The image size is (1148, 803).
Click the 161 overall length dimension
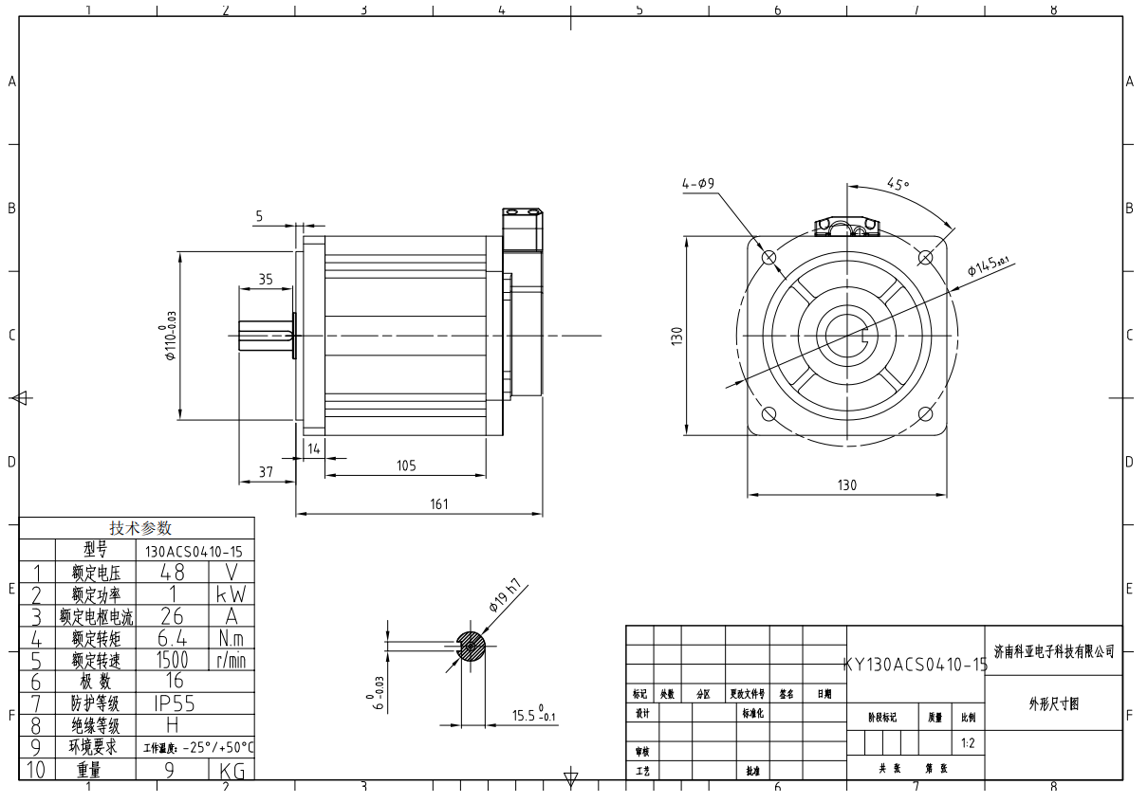click(438, 504)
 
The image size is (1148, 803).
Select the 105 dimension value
click(406, 465)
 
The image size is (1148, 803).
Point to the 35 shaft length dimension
click(265, 280)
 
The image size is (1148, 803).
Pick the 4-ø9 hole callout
click(698, 184)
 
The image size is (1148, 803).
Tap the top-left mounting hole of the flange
click(768, 257)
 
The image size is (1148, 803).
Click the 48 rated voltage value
click(172, 573)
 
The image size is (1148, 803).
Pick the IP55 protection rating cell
click(172, 703)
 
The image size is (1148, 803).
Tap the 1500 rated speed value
click(172, 660)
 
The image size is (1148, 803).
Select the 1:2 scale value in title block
click(967, 744)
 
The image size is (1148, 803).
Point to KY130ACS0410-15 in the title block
click(915, 665)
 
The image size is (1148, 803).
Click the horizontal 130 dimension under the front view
click(846, 485)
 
